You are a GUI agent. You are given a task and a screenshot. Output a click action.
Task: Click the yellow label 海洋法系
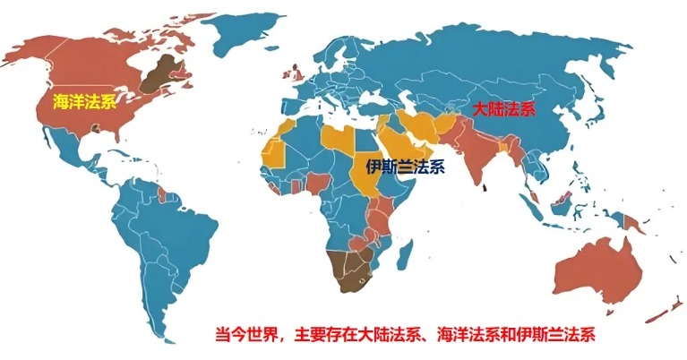pos(84,101)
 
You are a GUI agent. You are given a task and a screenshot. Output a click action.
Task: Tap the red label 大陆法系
pos(503,110)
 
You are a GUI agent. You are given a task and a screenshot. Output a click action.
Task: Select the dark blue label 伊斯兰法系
pos(405,166)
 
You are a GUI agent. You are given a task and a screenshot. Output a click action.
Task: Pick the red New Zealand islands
pos(664,310)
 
